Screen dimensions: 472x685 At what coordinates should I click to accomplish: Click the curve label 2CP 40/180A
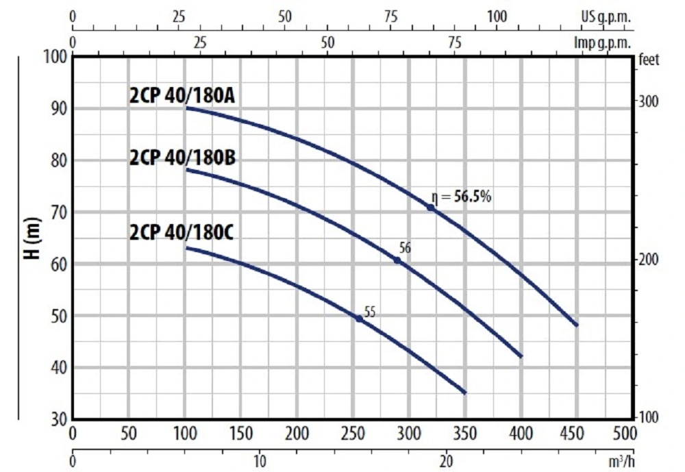182,96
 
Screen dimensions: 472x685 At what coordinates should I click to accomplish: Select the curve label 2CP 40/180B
182,158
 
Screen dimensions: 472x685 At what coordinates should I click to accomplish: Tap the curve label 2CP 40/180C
182,233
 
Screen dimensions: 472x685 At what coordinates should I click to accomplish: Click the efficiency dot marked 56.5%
431,207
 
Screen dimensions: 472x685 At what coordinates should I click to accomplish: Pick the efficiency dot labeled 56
397,260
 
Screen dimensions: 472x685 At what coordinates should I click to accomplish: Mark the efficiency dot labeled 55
359,319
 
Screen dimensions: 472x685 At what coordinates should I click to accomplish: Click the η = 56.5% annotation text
462,197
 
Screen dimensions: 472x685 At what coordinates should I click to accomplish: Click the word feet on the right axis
647,60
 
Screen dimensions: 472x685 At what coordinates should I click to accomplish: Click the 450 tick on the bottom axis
577,434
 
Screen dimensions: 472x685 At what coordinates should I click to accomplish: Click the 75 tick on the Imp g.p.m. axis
455,42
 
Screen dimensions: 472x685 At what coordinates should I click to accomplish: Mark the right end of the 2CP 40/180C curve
465,393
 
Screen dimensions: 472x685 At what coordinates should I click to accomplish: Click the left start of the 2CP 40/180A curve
186,108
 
